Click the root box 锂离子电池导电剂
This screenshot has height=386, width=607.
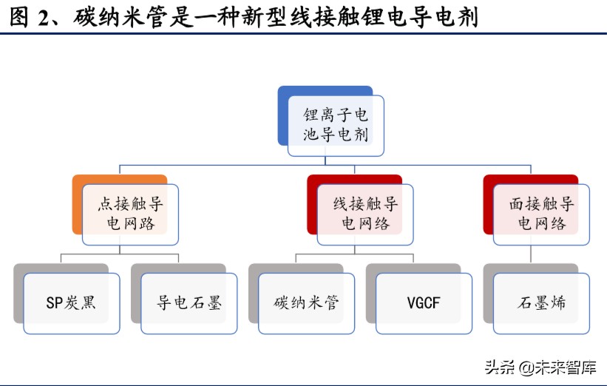point(336,126)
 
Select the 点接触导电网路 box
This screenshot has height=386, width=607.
point(130,214)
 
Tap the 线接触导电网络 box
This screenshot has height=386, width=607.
point(365,214)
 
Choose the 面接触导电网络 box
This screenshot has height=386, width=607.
point(541,214)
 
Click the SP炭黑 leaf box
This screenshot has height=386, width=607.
point(71,303)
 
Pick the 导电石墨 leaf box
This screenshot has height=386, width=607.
point(189,303)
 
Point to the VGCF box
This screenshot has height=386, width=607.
point(424,303)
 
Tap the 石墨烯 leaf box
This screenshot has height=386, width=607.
point(541,303)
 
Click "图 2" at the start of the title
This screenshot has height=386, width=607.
point(30,16)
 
